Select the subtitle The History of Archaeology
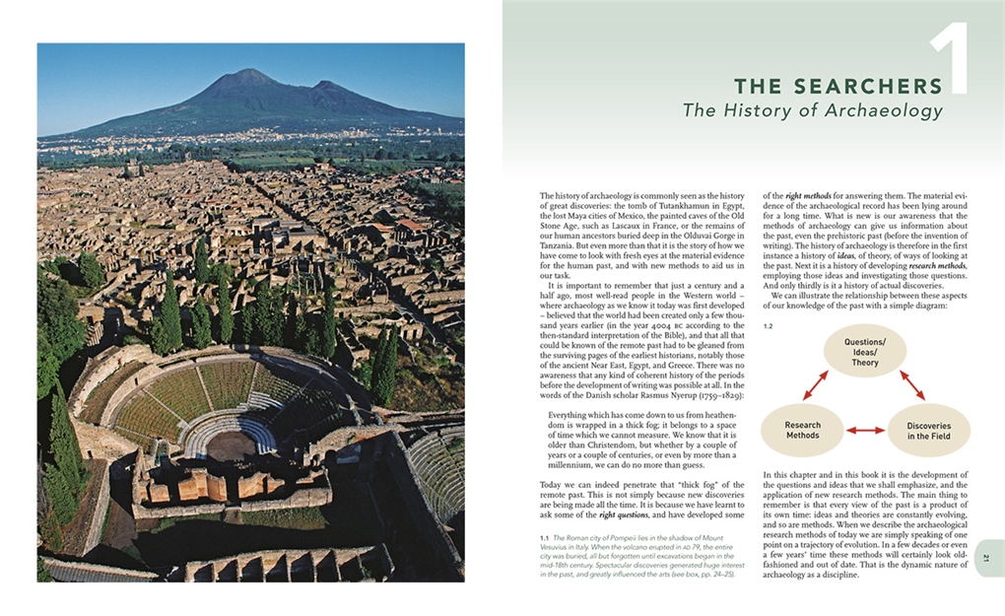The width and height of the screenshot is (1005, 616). coord(813,111)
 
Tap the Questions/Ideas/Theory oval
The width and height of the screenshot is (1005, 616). coord(864,352)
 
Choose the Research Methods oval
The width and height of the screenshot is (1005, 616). coord(802,430)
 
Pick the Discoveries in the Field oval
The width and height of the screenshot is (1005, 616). coord(928,431)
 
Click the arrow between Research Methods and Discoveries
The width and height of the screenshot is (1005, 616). coord(865,430)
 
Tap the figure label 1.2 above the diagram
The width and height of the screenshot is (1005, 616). coord(769,324)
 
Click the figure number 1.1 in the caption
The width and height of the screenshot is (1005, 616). coord(544,537)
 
